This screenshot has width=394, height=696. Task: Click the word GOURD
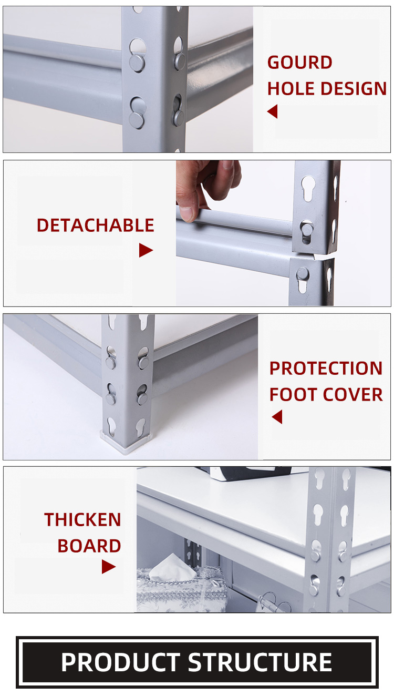[299, 63]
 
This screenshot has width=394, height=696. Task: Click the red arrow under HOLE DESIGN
[272, 111]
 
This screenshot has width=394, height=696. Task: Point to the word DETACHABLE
[95, 226]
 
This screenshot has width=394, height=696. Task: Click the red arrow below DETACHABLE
[146, 250]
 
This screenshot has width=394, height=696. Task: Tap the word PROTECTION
[326, 368]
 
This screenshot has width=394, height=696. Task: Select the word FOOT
[293, 395]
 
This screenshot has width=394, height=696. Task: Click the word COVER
[352, 395]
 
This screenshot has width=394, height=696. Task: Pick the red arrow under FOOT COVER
[277, 417]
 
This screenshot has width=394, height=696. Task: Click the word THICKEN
[82, 519]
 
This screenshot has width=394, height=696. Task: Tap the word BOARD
[89, 546]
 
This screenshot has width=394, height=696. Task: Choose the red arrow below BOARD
[108, 567]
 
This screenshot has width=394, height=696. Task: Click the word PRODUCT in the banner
[121, 662]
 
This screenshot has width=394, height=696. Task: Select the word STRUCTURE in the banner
[260, 662]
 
